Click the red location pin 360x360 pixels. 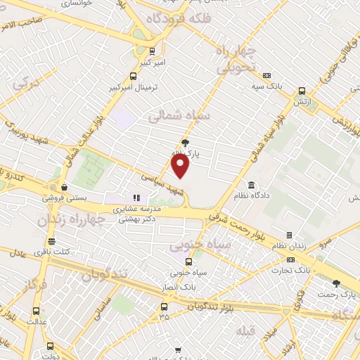[x=181, y=166]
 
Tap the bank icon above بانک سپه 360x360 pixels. [x=266, y=76]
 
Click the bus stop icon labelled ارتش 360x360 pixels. [x=302, y=91]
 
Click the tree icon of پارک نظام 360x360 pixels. [x=185, y=143]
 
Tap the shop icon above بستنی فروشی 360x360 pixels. [x=65, y=188]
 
